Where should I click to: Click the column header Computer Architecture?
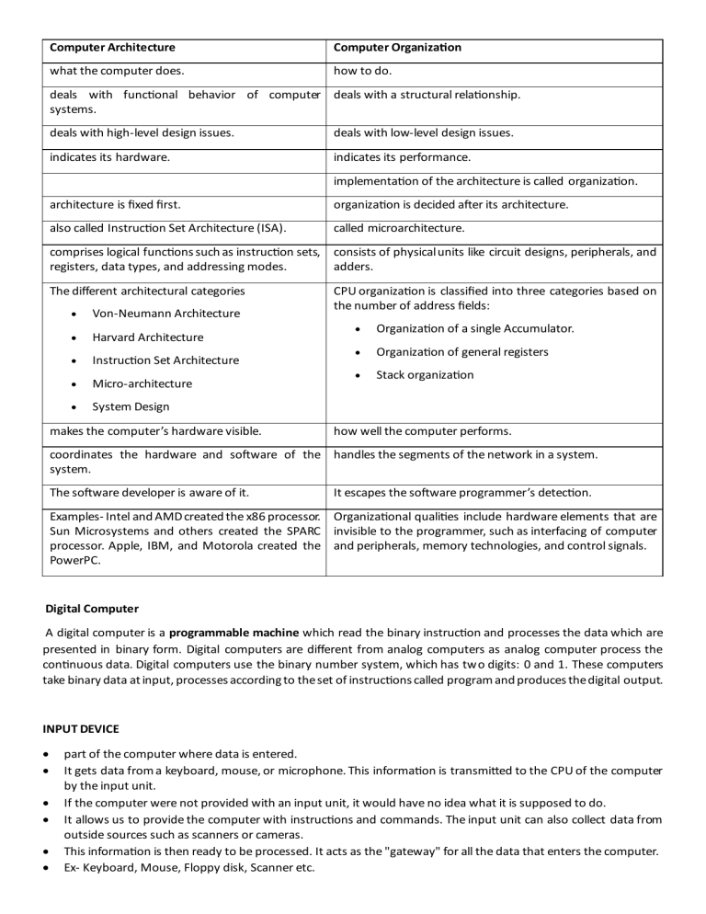click(112, 48)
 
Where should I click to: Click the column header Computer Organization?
click(397, 48)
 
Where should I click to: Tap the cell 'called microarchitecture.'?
click(394, 228)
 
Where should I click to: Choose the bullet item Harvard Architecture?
click(148, 337)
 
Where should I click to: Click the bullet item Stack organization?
click(425, 375)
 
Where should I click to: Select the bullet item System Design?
click(131, 407)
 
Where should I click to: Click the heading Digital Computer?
click(93, 609)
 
